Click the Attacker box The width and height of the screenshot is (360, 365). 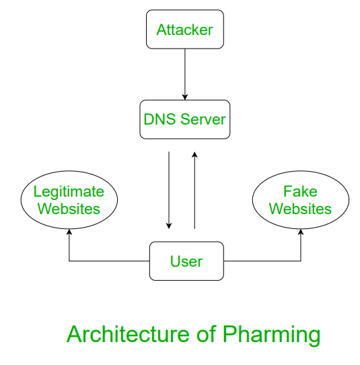click(185, 30)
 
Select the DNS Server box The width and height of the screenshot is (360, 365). click(185, 119)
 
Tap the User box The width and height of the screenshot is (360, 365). click(186, 261)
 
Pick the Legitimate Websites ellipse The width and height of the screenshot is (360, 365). click(69, 200)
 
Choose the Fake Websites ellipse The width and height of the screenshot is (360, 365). click(301, 200)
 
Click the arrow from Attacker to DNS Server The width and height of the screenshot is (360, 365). click(185, 75)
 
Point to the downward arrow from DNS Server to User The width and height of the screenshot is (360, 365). click(169, 190)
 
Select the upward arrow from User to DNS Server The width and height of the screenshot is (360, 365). click(194, 190)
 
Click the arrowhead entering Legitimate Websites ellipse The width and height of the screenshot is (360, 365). click(69, 232)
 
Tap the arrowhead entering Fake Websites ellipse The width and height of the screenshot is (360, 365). click(301, 232)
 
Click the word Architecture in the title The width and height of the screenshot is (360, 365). click(128, 334)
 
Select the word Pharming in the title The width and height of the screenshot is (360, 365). click(271, 336)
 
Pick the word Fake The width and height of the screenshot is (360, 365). click(300, 191)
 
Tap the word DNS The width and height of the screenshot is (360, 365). click(159, 119)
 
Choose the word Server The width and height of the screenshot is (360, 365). click(203, 119)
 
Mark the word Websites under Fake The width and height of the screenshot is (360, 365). click(300, 209)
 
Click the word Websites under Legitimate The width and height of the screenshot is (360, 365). click(69, 209)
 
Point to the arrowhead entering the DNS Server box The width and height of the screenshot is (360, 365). click(185, 97)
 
